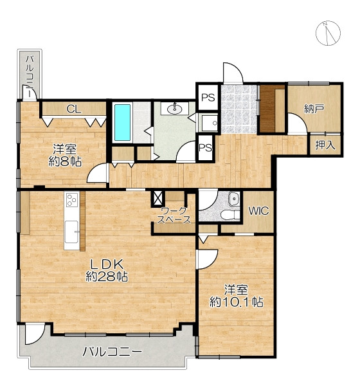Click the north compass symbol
click(328, 33)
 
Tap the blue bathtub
click(123, 123)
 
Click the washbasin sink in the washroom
click(175, 108)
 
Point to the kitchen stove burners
click(72, 200)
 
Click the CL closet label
click(74, 109)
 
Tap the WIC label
click(258, 211)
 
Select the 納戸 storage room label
click(314, 108)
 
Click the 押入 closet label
click(325, 145)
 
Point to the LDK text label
click(107, 264)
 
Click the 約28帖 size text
click(107, 276)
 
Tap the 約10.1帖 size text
click(236, 302)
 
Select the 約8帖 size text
click(65, 161)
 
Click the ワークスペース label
click(174, 215)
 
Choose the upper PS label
click(208, 98)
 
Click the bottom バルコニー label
click(113, 351)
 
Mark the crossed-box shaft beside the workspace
click(158, 198)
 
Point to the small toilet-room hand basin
click(234, 198)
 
